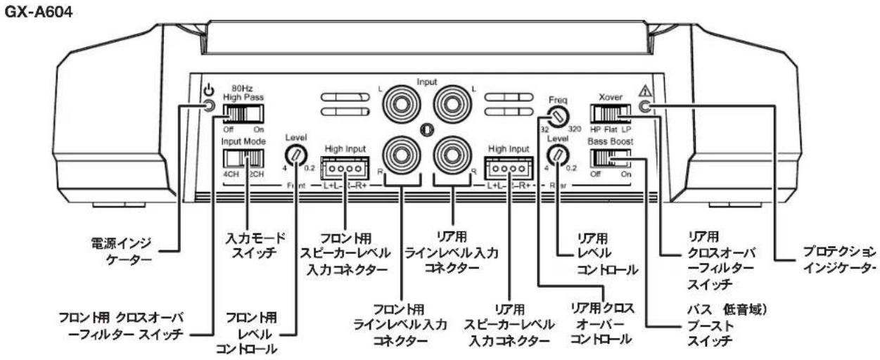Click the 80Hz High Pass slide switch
pyautogui.click(x=243, y=113)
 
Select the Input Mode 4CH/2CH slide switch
pyautogui.click(x=243, y=154)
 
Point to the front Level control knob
pyautogui.click(x=295, y=155)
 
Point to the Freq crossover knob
pyautogui.click(x=559, y=116)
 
